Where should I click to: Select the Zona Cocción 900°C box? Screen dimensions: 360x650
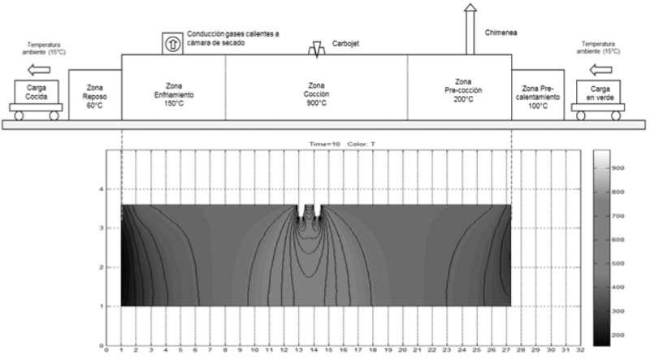(x=316, y=89)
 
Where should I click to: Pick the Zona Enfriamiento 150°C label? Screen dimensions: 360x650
(x=173, y=89)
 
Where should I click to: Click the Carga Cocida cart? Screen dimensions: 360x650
(x=34, y=98)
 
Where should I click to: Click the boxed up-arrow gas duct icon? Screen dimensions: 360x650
(x=173, y=41)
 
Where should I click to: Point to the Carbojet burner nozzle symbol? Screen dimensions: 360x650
(x=316, y=49)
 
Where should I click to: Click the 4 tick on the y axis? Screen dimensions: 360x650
(x=102, y=189)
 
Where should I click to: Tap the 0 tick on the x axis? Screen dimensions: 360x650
(x=107, y=350)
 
